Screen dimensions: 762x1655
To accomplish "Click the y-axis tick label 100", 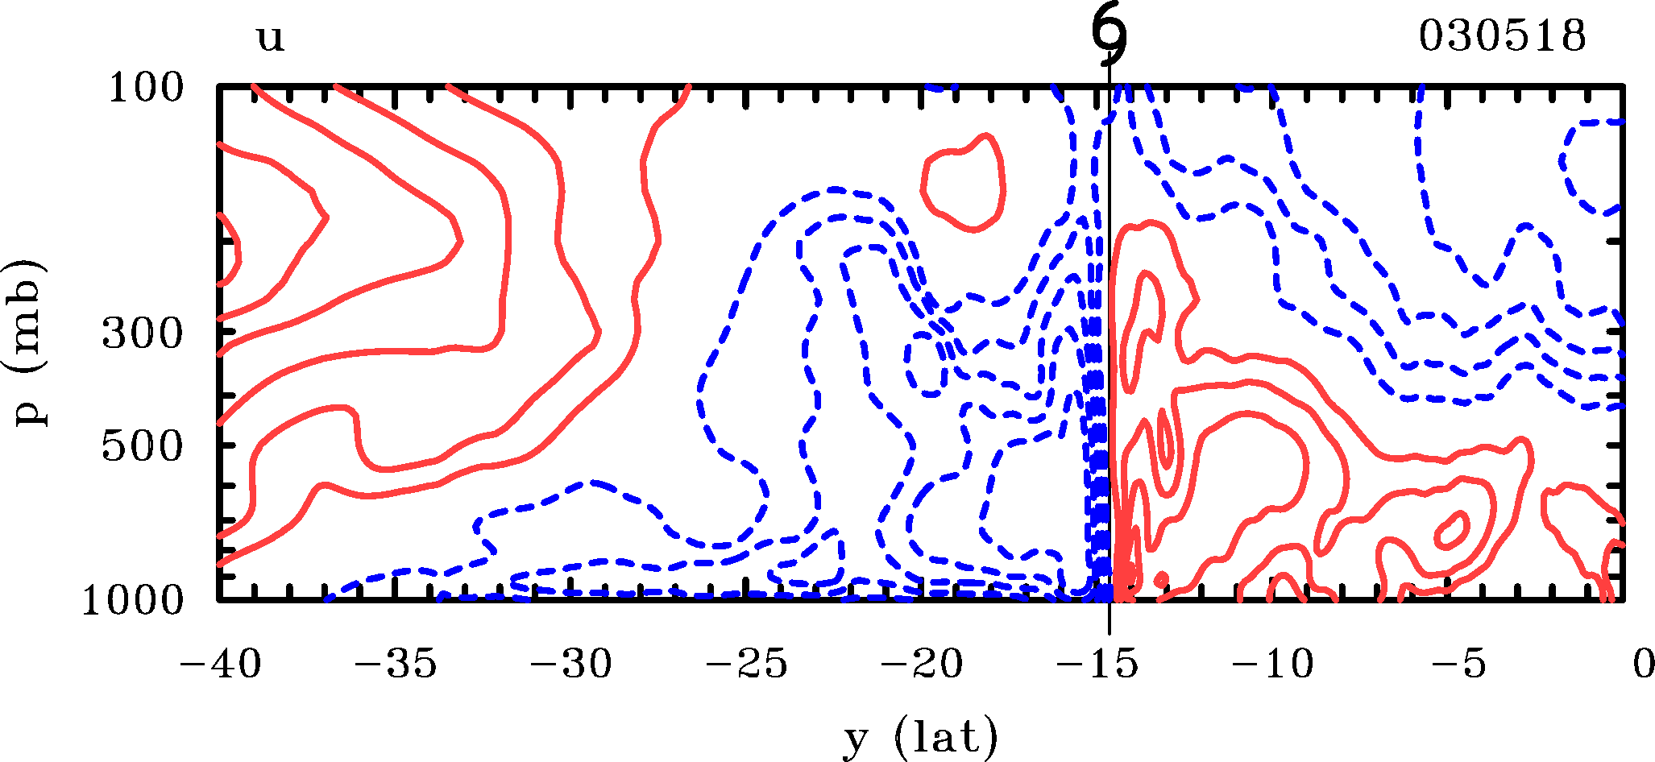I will [x=146, y=88].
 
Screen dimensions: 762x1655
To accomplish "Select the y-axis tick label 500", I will [x=143, y=446].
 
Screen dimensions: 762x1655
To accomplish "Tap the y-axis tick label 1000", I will [x=133, y=600].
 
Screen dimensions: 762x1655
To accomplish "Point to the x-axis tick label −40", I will [x=219, y=665].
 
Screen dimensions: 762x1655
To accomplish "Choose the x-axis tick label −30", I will [x=571, y=665].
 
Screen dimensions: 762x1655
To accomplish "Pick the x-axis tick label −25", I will [x=747, y=665].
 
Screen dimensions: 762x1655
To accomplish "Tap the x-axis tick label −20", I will [x=923, y=665].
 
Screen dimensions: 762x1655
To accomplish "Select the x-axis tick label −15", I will [x=1098, y=665].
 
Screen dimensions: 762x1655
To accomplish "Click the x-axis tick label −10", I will [x=1274, y=665].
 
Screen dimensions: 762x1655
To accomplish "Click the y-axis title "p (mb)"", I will [x=30, y=343].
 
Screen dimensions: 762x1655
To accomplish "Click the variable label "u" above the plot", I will [x=270, y=38].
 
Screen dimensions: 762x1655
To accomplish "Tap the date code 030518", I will [x=1502, y=36].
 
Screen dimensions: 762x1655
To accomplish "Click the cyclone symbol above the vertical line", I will [x=1110, y=36].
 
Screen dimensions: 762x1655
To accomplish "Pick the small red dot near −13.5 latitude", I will [x=1161, y=578].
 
